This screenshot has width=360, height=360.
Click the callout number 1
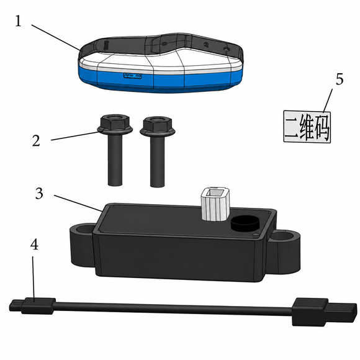pyautogui.click(x=19, y=21)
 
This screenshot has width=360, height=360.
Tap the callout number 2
pyautogui.click(x=36, y=140)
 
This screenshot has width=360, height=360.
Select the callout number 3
pyautogui.click(x=39, y=193)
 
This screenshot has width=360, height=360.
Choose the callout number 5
pyautogui.click(x=340, y=79)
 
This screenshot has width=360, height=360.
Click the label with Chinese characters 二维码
pyautogui.click(x=307, y=127)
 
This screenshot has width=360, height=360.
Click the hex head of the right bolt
pyautogui.click(x=158, y=125)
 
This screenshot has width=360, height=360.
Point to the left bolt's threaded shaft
pyautogui.click(x=115, y=160)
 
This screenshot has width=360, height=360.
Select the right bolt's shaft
pyautogui.click(x=158, y=161)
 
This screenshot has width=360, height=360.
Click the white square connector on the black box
pyautogui.click(x=215, y=204)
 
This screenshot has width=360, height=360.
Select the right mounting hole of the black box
pyautogui.click(x=283, y=236)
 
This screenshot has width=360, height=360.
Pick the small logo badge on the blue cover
pyautogui.click(x=132, y=76)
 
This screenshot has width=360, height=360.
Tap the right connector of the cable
pyautogui.click(x=325, y=312)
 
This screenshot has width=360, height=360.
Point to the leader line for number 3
pyautogui.click(x=78, y=203)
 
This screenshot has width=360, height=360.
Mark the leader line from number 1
pyautogui.click(x=56, y=37)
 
